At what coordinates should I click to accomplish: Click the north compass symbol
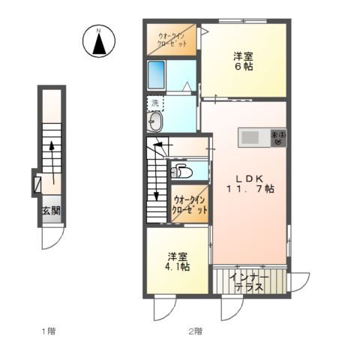tap(99, 41)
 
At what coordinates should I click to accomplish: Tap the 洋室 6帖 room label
tap(243, 61)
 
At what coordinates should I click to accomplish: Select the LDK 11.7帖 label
tap(250, 184)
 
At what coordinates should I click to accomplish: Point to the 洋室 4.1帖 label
tap(177, 262)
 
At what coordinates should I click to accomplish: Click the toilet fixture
tap(181, 171)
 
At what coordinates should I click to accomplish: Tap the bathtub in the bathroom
tap(156, 76)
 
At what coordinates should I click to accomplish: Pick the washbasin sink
tap(155, 121)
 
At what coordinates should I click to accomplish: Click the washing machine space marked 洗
tap(155, 103)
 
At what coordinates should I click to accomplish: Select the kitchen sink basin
tap(250, 137)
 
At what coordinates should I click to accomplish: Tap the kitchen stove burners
tap(279, 138)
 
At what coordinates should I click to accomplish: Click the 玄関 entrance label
tap(52, 211)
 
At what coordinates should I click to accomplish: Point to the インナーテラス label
tap(250, 282)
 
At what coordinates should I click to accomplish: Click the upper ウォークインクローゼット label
tap(172, 40)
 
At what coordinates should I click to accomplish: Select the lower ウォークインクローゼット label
tap(190, 205)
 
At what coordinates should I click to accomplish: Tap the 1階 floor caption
tap(49, 331)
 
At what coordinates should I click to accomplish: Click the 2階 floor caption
tap(195, 331)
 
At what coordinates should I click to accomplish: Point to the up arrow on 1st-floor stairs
tap(52, 163)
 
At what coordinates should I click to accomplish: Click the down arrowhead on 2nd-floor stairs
tap(156, 196)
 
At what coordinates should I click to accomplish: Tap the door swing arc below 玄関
tap(53, 238)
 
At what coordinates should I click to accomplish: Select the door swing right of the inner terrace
tap(300, 282)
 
